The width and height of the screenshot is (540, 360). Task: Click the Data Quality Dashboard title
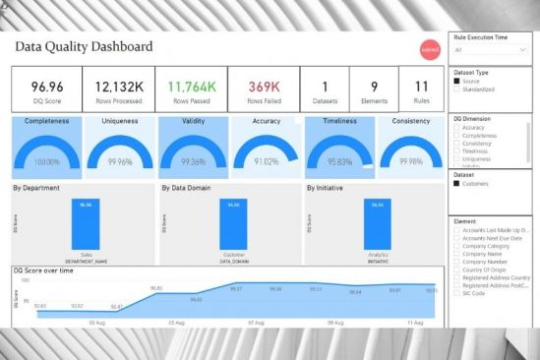[x=84, y=46]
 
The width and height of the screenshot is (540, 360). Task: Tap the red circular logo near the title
[x=429, y=47]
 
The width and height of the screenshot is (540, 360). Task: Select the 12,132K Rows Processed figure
[x=117, y=87]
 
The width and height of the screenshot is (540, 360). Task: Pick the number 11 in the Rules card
[x=421, y=87]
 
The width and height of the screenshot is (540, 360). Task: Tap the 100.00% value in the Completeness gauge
[x=47, y=162]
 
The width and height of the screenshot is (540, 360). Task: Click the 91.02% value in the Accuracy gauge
[x=266, y=162]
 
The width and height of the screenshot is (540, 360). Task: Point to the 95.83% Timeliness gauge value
[x=340, y=162]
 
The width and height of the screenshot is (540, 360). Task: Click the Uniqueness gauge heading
[x=120, y=122]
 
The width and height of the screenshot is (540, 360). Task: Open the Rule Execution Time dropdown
[x=492, y=46]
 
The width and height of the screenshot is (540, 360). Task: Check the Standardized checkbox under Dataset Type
[x=456, y=90]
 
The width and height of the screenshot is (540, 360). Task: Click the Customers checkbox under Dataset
[x=456, y=183]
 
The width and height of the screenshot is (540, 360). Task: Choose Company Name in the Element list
[x=456, y=254]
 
